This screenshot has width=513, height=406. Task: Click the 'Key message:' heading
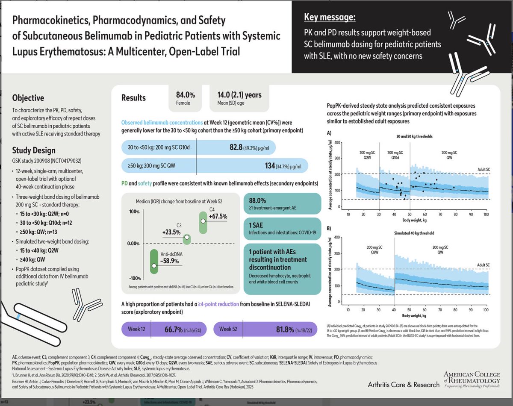click(x=330, y=18)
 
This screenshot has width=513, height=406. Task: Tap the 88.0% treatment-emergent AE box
click(x=282, y=203)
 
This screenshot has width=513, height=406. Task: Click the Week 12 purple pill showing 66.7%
click(x=162, y=330)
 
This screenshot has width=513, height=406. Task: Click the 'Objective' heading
click(x=28, y=98)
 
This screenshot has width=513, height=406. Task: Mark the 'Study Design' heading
click(x=33, y=151)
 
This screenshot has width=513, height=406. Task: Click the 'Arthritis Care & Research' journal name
click(x=404, y=385)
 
